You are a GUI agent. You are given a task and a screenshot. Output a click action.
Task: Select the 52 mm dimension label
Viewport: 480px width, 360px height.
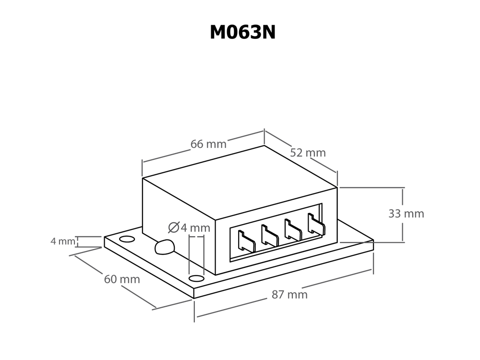[x=308, y=153]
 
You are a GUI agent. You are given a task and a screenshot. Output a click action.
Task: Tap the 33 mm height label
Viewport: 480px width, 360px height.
[x=406, y=214]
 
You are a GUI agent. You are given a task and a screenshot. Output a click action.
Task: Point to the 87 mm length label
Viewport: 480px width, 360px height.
[x=289, y=295]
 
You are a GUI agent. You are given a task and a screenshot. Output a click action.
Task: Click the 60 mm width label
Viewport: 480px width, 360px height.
[x=122, y=278]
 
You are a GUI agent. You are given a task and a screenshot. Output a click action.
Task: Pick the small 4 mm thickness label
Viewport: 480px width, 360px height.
[x=63, y=241]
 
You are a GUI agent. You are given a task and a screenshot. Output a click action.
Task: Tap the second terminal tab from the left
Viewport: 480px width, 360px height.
[x=269, y=235]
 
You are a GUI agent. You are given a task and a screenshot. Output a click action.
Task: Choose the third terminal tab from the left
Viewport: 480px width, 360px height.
[x=292, y=229]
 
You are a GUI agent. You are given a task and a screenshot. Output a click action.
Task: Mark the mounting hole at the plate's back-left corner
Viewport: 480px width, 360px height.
[x=126, y=239]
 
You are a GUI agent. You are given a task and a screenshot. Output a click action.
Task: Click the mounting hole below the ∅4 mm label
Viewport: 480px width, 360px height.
[x=196, y=278]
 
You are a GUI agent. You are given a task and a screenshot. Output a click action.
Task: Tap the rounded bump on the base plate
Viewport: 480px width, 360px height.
[x=164, y=247]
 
